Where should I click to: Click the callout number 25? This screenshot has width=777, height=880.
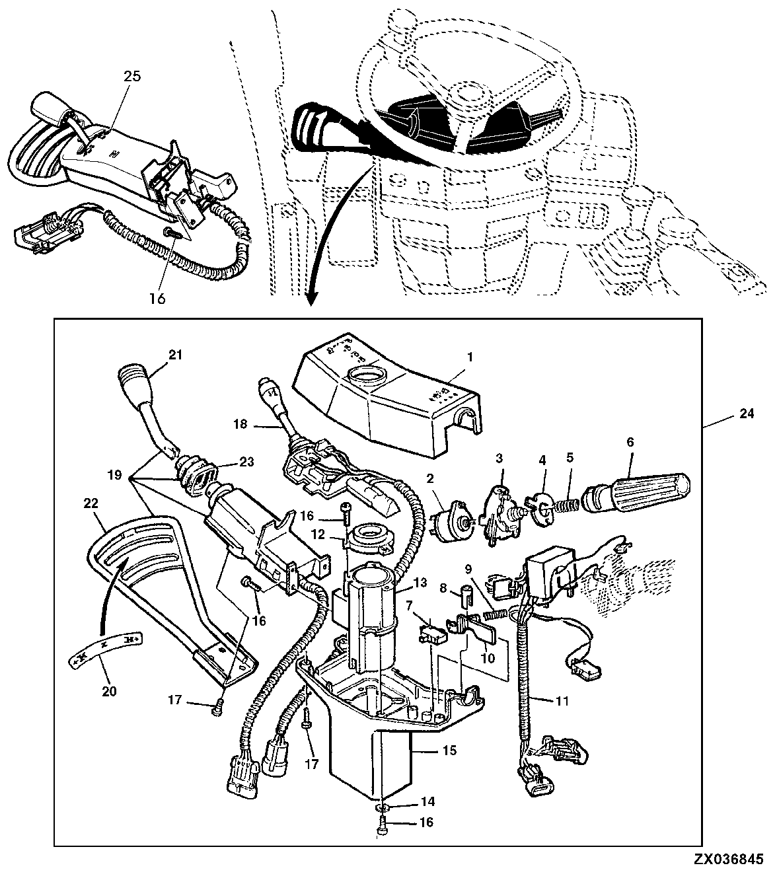pyautogui.click(x=133, y=76)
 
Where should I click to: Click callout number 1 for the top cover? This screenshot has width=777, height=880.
pyautogui.click(x=470, y=357)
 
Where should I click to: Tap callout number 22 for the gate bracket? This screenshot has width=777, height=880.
pyautogui.click(x=91, y=503)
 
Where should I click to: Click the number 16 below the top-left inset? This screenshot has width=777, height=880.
pyautogui.click(x=156, y=298)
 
